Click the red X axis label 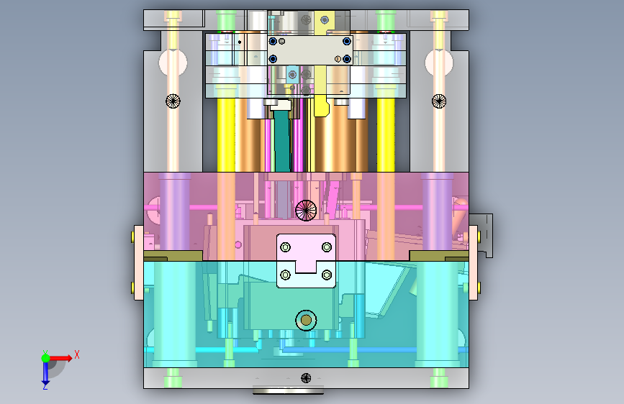click(x=77, y=354)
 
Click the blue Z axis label click(x=45, y=386)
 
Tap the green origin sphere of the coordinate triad click(x=46, y=358)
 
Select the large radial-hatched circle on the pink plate click(x=306, y=211)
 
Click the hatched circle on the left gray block click(x=173, y=101)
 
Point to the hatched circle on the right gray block click(x=439, y=101)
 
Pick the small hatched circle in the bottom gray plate click(x=306, y=377)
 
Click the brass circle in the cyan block click(x=306, y=320)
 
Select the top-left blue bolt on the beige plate click(x=273, y=42)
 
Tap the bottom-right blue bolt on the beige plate click(x=347, y=59)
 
